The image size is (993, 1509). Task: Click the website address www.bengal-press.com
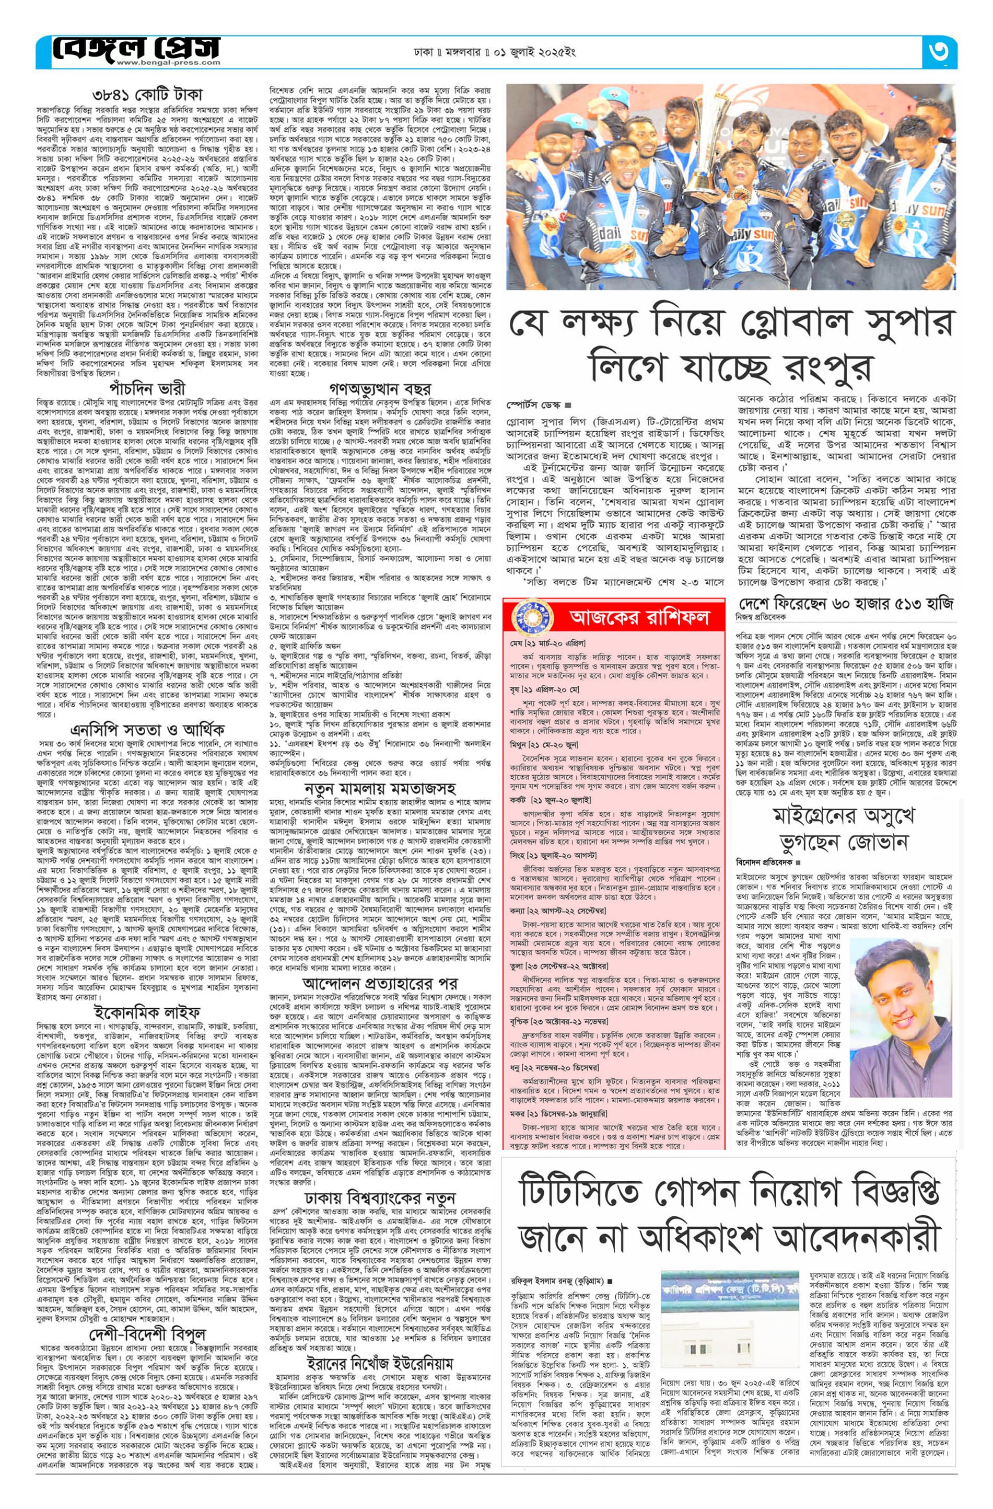click(x=156, y=63)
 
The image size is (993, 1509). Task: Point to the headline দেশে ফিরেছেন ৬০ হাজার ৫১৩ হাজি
click(x=845, y=604)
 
